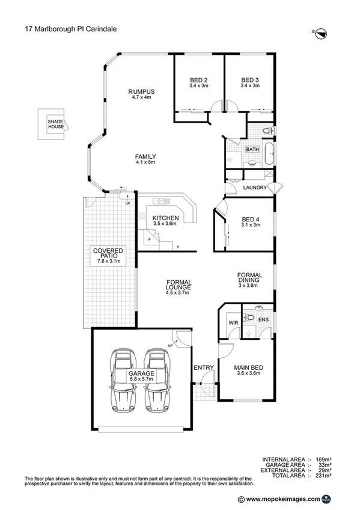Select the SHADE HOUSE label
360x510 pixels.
coord(56,124)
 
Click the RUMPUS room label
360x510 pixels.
coord(142,91)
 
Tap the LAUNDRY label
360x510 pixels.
coord(254,188)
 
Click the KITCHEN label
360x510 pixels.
coord(165,218)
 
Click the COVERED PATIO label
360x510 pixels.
coord(108,253)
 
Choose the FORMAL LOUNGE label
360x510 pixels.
coord(178,286)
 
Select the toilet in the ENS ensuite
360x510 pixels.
coord(252,317)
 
